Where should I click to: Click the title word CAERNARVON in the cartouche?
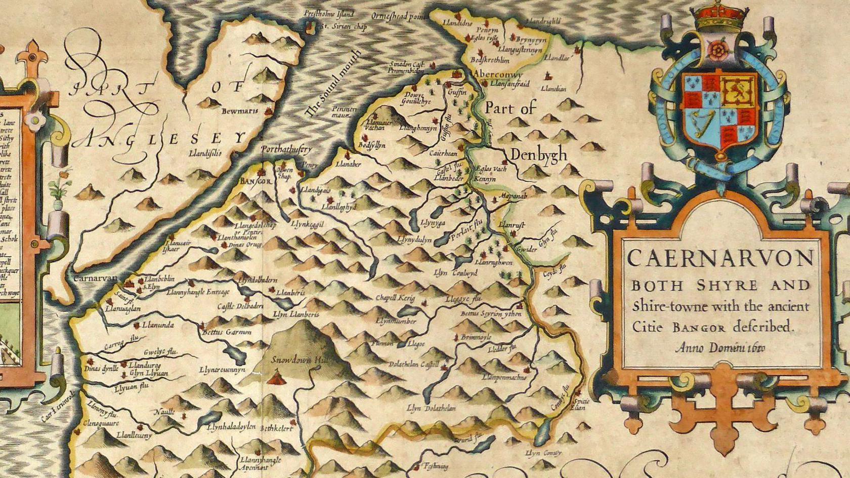click(720, 259)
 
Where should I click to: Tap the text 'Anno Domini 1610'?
click(720, 348)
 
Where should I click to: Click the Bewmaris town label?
click(240, 110)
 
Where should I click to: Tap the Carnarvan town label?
click(95, 278)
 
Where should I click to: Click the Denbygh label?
click(538, 155)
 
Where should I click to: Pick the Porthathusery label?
click(286, 149)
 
